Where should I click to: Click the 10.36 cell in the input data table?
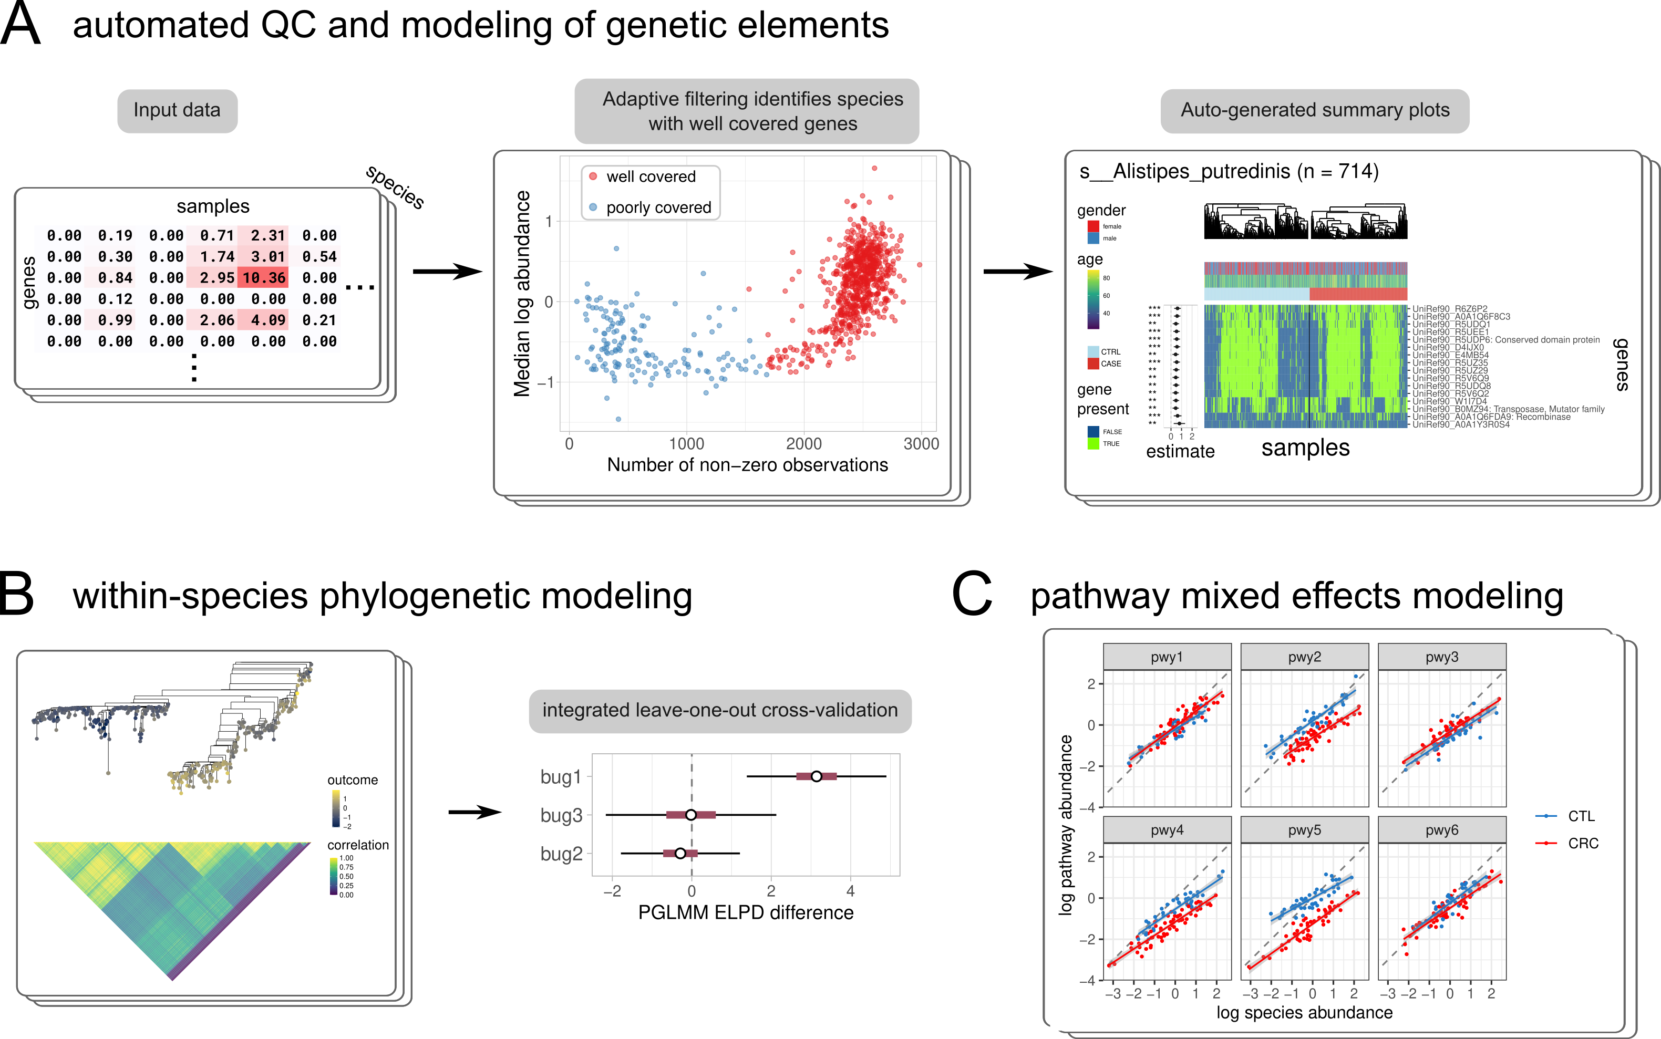point(264,278)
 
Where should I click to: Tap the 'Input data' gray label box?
point(177,111)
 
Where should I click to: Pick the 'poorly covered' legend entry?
point(658,208)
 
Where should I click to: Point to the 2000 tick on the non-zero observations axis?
point(803,444)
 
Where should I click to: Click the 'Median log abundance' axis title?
point(522,294)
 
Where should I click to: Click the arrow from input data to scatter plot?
point(447,272)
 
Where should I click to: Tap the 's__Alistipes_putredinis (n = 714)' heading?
point(1229,172)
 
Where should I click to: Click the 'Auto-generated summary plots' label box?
point(1315,111)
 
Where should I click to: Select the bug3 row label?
point(561,816)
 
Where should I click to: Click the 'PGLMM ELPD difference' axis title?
point(746,912)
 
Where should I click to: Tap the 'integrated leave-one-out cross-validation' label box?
point(719,711)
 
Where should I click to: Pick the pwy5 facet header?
point(1304,830)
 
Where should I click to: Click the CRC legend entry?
point(1582,843)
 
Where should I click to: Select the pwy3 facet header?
point(1442,657)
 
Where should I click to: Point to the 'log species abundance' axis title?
point(1304,1013)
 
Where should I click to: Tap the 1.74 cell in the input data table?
point(217,257)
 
